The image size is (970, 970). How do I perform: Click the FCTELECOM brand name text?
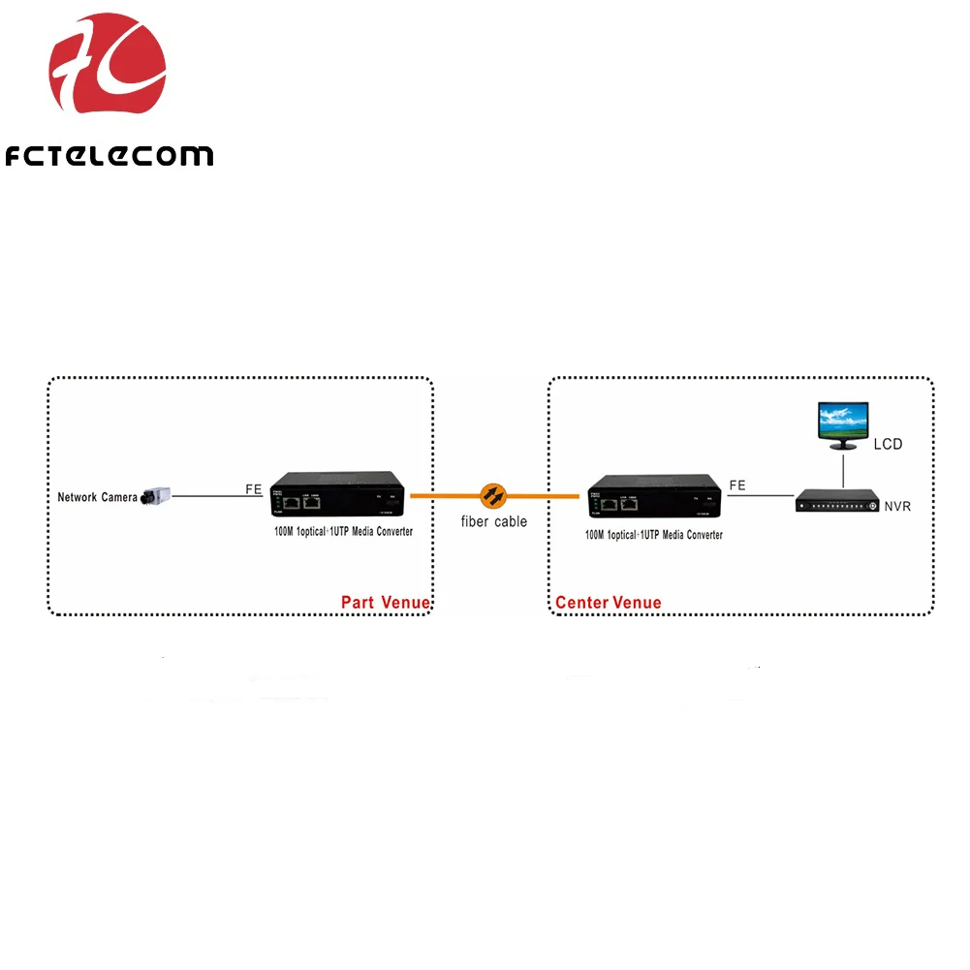click(109, 155)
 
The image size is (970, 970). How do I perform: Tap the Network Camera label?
click(97, 497)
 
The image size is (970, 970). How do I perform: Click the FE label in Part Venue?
click(253, 489)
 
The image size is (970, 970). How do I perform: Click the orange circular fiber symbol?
click(494, 495)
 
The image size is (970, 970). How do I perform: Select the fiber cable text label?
click(494, 521)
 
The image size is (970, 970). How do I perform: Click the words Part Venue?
click(385, 603)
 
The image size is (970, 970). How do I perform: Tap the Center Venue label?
click(609, 603)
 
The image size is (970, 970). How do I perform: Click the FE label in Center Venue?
click(737, 485)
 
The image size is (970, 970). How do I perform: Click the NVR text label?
click(896, 506)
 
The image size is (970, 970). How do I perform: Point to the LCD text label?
click(888, 445)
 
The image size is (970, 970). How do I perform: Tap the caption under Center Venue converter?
click(653, 535)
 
